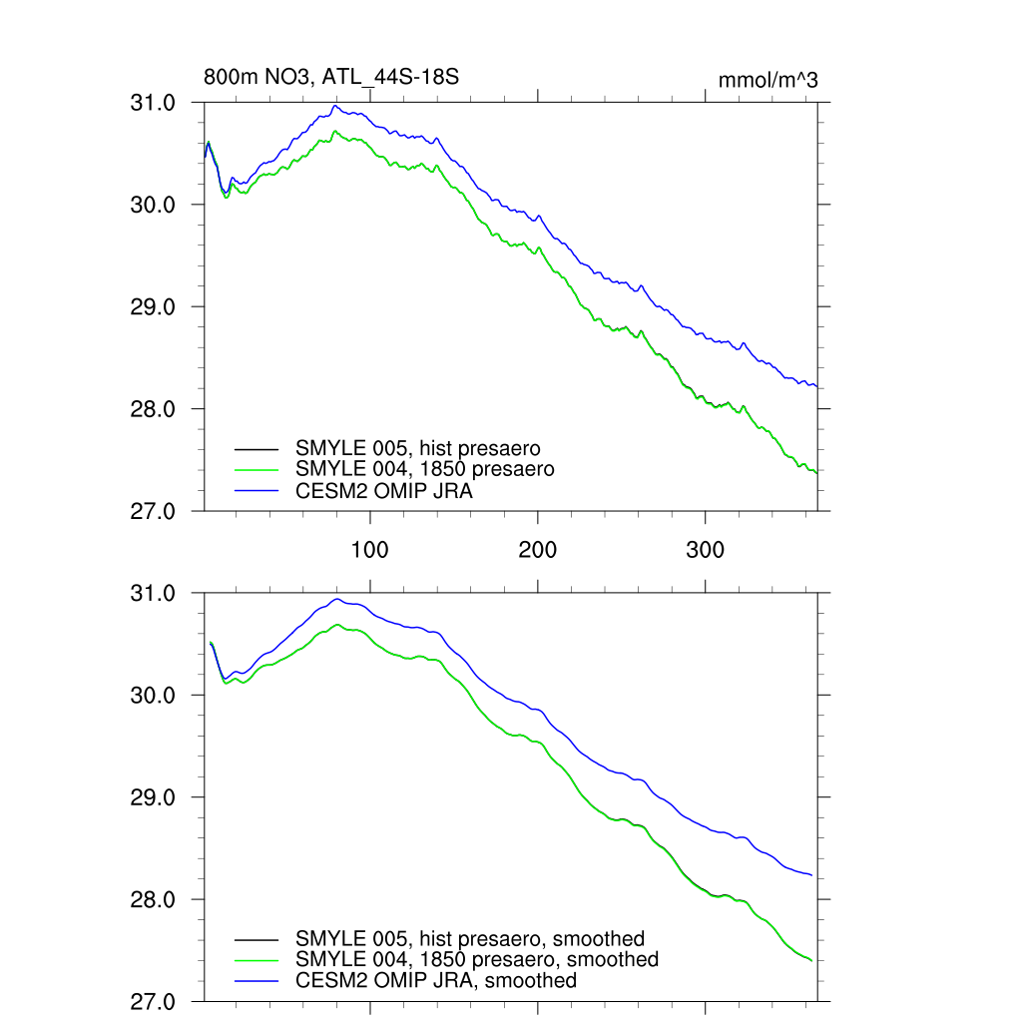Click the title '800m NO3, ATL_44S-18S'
point(330,77)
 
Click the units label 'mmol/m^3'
point(767,80)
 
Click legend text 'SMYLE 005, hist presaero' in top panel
point(424,447)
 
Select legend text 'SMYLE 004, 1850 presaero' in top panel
point(424,468)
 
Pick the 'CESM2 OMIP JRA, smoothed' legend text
point(436,981)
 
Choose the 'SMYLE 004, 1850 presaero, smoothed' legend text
point(477,959)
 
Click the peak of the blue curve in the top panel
point(335,106)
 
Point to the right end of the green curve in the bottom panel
point(811,960)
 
